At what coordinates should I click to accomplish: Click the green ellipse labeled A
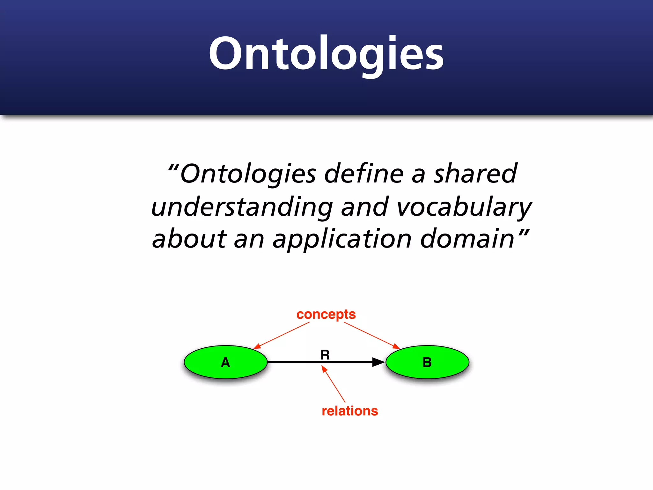226,362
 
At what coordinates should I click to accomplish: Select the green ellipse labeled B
427,362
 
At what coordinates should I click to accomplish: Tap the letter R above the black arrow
325,355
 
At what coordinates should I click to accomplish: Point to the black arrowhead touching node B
378,362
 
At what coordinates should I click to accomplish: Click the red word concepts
326,315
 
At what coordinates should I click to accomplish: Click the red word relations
350,411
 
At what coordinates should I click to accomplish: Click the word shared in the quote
475,174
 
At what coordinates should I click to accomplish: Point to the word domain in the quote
467,239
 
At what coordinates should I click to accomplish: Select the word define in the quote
364,174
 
